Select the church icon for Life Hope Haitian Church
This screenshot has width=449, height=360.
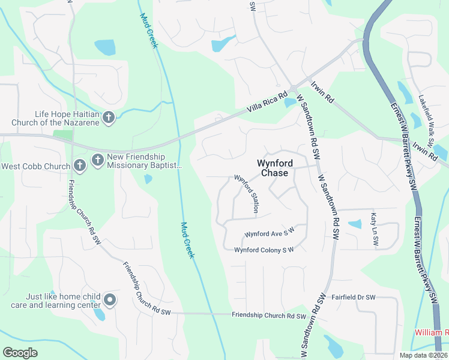(109, 118)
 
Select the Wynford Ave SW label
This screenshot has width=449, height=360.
(270, 232)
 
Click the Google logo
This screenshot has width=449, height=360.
(20, 352)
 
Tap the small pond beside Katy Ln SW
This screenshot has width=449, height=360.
(355, 224)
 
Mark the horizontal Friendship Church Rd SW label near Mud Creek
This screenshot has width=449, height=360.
(269, 316)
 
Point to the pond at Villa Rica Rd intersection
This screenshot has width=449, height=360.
(291, 103)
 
